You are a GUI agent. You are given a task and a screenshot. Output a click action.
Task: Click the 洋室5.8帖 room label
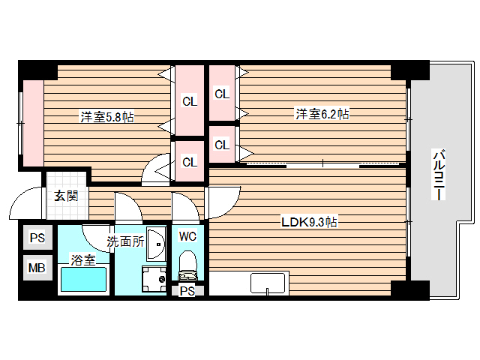pyautogui.click(x=107, y=117)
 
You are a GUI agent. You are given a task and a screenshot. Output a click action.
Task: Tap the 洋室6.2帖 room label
pyautogui.click(x=322, y=114)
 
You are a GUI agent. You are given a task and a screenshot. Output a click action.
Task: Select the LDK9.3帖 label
pyautogui.click(x=308, y=222)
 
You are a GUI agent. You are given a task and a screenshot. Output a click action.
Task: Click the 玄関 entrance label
pyautogui.click(x=65, y=196)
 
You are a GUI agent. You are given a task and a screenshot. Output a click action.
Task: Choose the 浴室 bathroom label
pyautogui.click(x=82, y=260)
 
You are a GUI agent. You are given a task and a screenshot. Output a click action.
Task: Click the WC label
pyautogui.click(x=187, y=236)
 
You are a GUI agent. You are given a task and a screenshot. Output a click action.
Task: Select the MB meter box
pyautogui.click(x=36, y=267)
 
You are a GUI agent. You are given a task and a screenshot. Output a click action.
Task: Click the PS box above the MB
pyautogui.click(x=36, y=238)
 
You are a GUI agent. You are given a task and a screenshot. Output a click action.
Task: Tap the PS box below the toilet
pyautogui.click(x=187, y=292)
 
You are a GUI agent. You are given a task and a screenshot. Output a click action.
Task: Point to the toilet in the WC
pyautogui.click(x=187, y=266)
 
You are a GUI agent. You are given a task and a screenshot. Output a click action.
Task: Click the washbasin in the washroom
pyautogui.click(x=156, y=242)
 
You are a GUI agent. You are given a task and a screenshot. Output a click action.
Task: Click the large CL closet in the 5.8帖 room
pyautogui.click(x=190, y=101)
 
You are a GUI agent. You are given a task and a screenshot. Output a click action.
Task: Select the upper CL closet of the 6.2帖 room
pyautogui.click(x=222, y=94)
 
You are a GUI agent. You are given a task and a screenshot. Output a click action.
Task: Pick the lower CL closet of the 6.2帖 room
pyautogui.click(x=222, y=145)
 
